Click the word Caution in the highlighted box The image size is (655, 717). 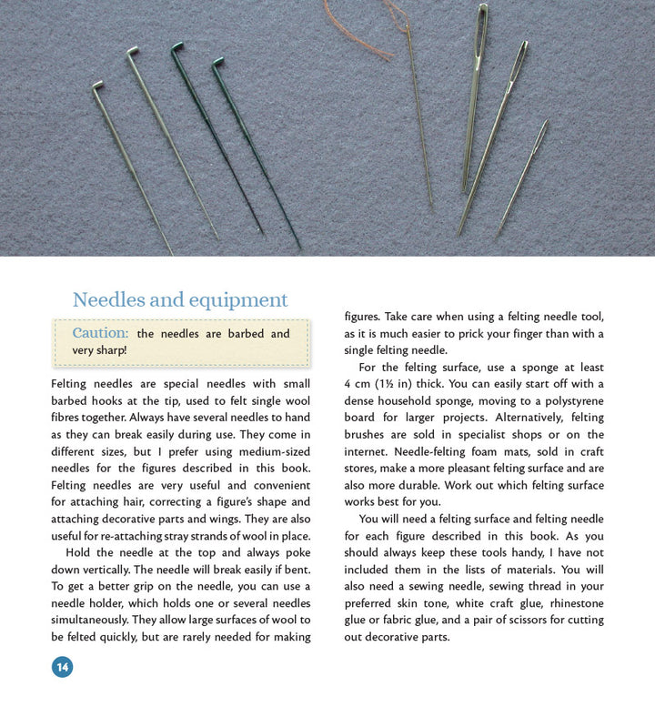tap(100, 334)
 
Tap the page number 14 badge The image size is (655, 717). tap(62, 667)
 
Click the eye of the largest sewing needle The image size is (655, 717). tap(481, 23)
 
